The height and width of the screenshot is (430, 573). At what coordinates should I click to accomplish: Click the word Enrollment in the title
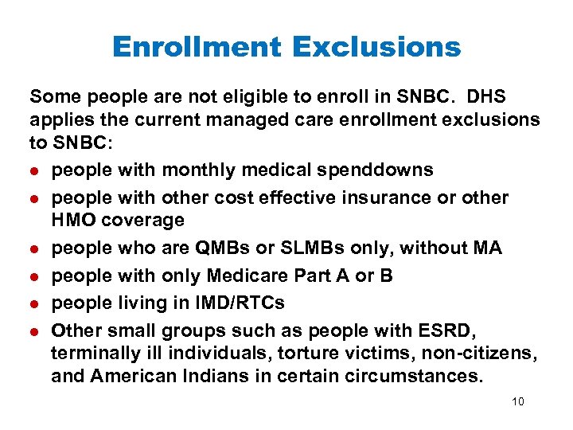(197, 47)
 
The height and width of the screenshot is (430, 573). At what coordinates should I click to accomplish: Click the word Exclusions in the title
(376, 47)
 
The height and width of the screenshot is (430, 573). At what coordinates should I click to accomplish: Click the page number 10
(518, 401)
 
